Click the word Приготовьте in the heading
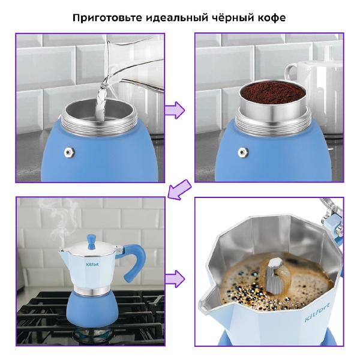pyautogui.click(x=107, y=17)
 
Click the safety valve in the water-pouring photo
pyautogui.click(x=69, y=152)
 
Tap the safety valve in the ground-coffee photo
pyautogui.click(x=242, y=152)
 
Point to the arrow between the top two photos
pyautogui.click(x=175, y=110)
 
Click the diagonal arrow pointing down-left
pyautogui.click(x=179, y=190)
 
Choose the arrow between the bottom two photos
pyautogui.click(x=175, y=279)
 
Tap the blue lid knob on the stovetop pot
pyautogui.click(x=91, y=242)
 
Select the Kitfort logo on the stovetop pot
pyautogui.click(x=92, y=264)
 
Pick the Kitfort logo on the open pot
pyautogui.click(x=317, y=311)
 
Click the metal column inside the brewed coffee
pyautogui.click(x=275, y=276)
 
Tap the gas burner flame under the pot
pyautogui.click(x=92, y=335)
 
